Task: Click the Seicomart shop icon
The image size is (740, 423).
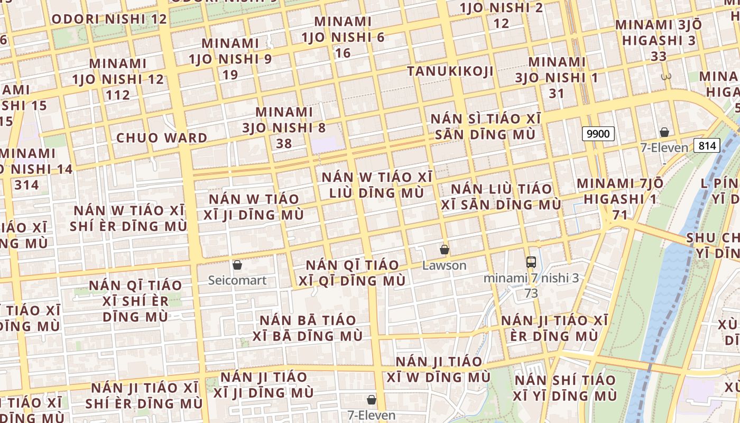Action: click(237, 264)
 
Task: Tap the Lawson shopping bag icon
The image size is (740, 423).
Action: click(445, 250)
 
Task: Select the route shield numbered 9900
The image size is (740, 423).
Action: click(598, 134)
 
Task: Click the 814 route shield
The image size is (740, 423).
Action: click(707, 145)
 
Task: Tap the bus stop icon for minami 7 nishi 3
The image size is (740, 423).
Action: click(531, 262)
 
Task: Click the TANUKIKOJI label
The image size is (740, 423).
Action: click(450, 71)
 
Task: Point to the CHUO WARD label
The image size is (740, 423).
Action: click(162, 138)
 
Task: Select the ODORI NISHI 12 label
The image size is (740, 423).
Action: click(109, 20)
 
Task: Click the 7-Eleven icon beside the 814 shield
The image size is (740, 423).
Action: click(664, 132)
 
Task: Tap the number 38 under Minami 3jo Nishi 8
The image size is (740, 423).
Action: click(284, 143)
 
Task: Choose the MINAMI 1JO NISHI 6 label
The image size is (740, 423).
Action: click(343, 30)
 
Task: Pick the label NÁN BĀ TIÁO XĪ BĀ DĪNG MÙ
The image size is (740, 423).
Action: click(308, 328)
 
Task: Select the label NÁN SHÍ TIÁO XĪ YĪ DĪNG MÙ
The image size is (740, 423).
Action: click(565, 388)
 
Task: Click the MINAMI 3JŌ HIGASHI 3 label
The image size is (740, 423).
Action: click(659, 33)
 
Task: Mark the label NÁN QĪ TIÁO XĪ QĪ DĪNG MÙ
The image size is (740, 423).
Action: click(352, 272)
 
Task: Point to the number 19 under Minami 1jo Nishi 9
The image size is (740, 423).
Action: click(230, 75)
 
